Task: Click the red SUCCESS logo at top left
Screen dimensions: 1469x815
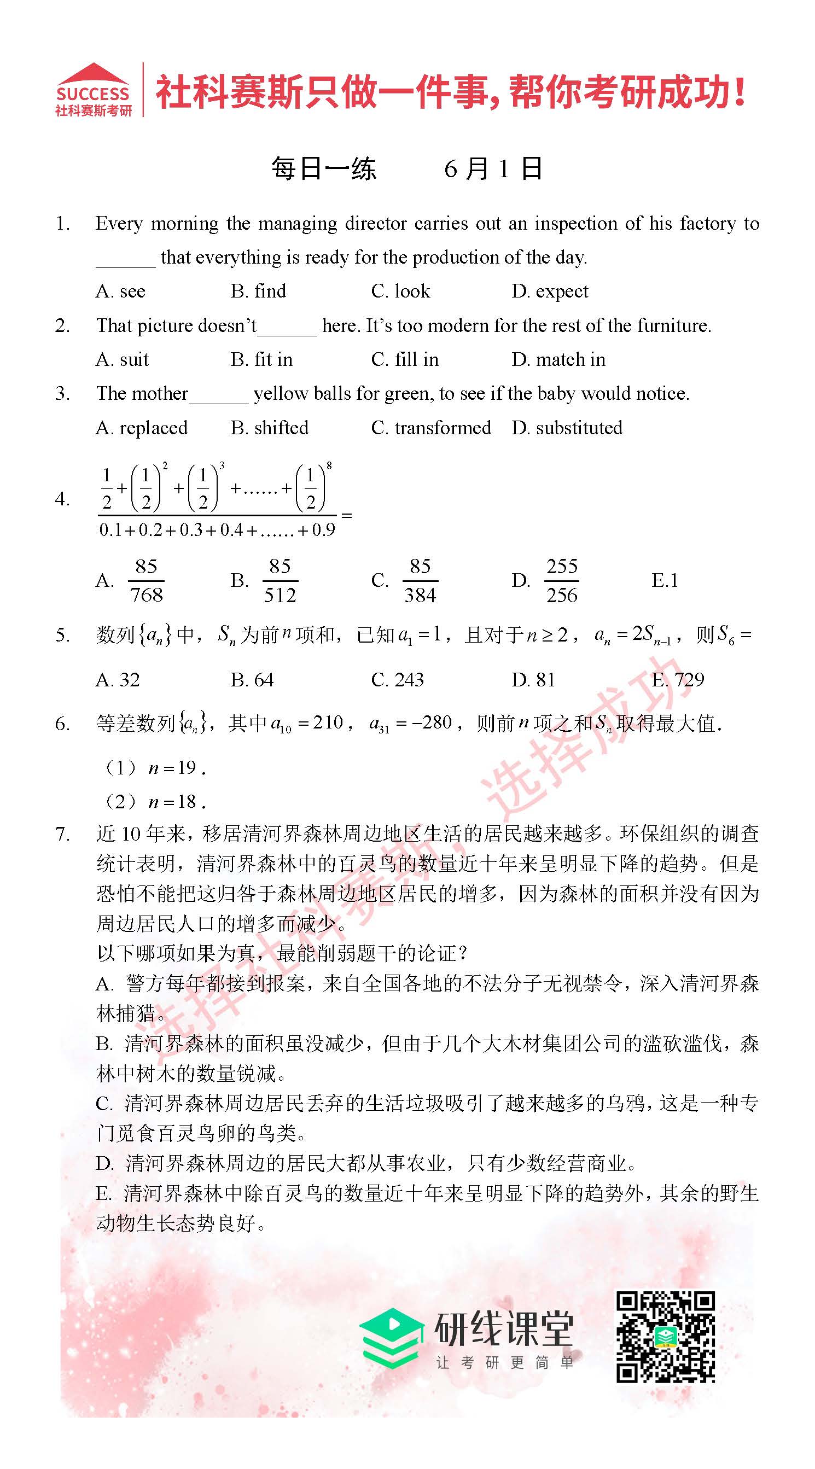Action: tap(93, 90)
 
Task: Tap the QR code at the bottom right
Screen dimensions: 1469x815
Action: tap(665, 1336)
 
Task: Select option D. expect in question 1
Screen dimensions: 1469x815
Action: tap(549, 292)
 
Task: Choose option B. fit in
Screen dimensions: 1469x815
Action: tap(261, 360)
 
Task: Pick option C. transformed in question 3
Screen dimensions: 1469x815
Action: tap(430, 428)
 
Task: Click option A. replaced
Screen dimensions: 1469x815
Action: tap(142, 428)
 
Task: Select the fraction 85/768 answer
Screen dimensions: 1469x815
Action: tap(146, 580)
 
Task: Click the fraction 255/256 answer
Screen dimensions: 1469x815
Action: tap(561, 580)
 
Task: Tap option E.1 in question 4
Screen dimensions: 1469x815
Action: tap(665, 580)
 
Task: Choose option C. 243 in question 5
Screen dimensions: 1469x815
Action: tap(397, 680)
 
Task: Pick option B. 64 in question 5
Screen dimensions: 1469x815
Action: tap(252, 680)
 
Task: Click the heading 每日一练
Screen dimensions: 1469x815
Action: tap(323, 169)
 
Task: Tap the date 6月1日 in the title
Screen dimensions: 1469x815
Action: tap(493, 169)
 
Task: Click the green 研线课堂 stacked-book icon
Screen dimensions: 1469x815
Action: tap(392, 1339)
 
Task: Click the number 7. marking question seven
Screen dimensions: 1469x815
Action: tap(63, 834)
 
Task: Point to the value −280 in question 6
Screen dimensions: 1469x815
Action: tap(431, 723)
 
